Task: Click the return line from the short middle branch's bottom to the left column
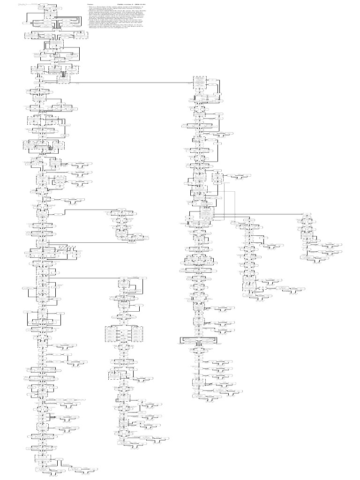[84, 242]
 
